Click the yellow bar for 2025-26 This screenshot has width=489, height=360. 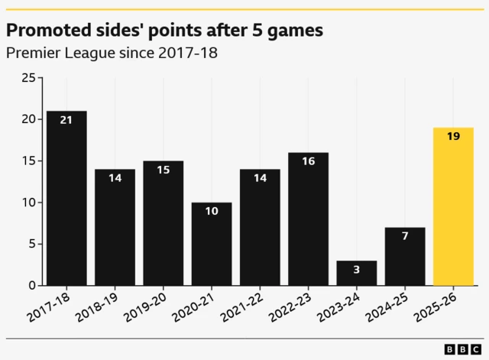[x=453, y=206]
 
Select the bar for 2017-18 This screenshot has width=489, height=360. [x=66, y=198]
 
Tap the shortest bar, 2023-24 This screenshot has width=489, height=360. [x=357, y=273]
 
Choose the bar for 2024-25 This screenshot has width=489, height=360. [x=405, y=256]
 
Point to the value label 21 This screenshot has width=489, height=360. [x=66, y=120]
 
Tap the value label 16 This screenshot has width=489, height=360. [x=308, y=161]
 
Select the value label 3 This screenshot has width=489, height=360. [x=357, y=270]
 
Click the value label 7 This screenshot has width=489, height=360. [x=405, y=236]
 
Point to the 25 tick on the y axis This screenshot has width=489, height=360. [x=28, y=78]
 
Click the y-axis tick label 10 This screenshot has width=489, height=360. [x=28, y=203]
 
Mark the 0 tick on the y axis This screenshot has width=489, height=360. [x=31, y=286]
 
